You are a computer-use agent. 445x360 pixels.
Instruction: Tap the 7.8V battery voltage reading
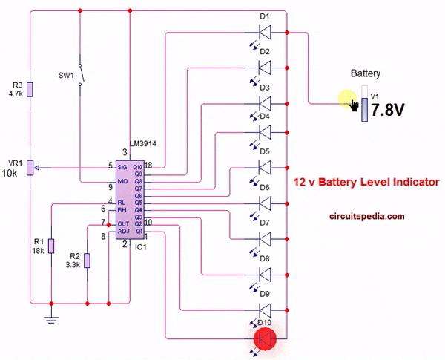point(387,110)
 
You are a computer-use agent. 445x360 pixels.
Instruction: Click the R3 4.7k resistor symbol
point(30,89)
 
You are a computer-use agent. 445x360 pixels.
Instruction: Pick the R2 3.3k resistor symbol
point(88,260)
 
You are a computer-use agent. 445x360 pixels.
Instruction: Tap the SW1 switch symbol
point(83,76)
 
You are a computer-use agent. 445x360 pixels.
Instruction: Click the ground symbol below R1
point(51,318)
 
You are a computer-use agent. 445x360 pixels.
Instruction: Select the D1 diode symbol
point(264,32)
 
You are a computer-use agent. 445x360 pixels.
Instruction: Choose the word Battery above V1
point(366,73)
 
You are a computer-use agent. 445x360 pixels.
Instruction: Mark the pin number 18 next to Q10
point(148,166)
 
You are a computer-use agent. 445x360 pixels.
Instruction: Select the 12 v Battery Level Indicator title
point(366,181)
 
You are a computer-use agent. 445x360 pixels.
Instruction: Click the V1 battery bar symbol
point(363,105)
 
